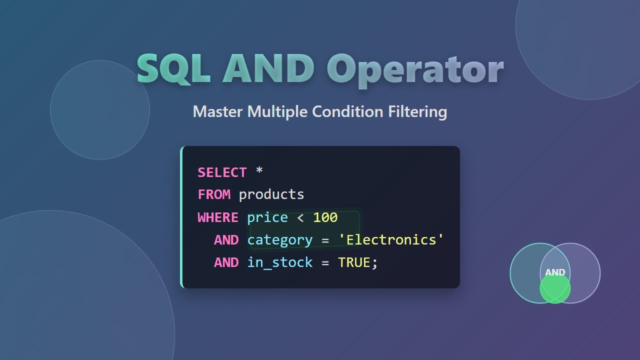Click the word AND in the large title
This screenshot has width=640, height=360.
click(269, 68)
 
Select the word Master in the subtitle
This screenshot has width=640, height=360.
click(218, 111)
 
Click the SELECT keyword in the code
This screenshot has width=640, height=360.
click(222, 172)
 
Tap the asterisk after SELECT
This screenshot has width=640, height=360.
click(259, 171)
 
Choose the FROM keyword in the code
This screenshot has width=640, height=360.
click(214, 194)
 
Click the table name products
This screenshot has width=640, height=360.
click(271, 194)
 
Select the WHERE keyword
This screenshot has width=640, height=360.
click(218, 217)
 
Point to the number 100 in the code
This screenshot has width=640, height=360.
click(325, 217)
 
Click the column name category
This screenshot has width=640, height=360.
click(279, 240)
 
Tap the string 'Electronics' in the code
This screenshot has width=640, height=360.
click(391, 240)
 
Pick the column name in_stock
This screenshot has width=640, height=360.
click(279, 262)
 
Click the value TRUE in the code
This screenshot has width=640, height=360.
click(354, 262)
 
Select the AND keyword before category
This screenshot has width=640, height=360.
click(226, 240)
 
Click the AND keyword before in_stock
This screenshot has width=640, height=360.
click(226, 262)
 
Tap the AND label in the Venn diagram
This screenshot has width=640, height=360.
click(555, 272)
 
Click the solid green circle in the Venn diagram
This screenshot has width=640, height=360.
click(555, 290)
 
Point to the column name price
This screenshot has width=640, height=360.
click(267, 217)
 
